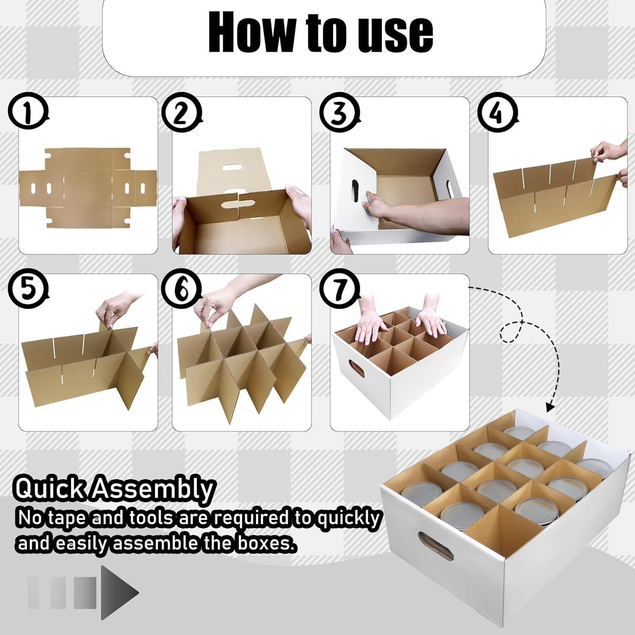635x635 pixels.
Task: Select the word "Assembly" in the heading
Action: (153, 489)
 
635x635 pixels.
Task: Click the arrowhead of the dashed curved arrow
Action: (550, 407)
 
